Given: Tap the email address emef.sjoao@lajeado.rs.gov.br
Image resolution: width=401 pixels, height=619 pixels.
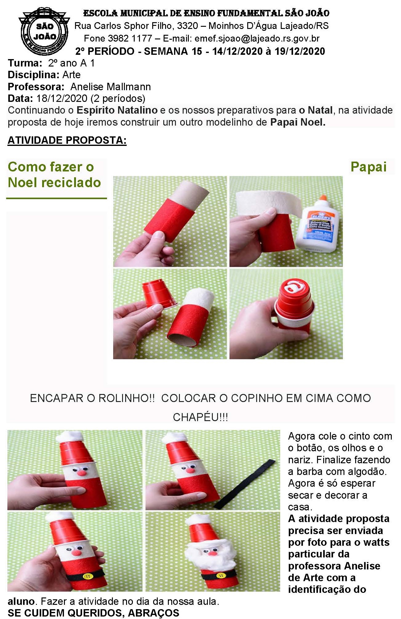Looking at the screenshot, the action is [257, 38].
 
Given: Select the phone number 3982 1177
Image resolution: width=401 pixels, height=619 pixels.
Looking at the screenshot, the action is [130, 38].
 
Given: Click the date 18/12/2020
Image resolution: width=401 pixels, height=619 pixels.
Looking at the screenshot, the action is [62, 98].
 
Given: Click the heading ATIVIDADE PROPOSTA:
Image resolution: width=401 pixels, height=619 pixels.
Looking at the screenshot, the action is [67, 140].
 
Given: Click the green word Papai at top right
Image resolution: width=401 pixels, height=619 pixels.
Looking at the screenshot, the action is [368, 167].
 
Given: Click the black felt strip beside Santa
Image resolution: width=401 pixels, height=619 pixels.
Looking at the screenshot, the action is [245, 484].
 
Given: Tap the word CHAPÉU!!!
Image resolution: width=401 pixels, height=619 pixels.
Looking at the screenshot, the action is [200, 417].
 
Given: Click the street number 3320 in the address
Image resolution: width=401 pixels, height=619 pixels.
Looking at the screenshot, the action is [187, 26].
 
